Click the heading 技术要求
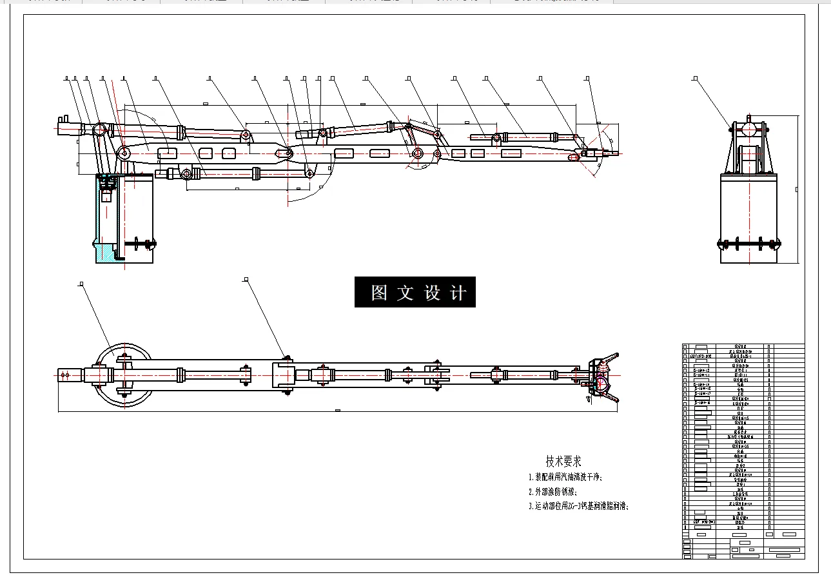[x=563, y=461]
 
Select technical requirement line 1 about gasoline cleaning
[x=565, y=478]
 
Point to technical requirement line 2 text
[x=552, y=492]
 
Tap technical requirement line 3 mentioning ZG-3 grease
[x=578, y=506]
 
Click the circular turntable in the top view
[x=123, y=375]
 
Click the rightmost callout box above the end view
[x=694, y=79]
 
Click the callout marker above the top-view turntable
[x=81, y=283]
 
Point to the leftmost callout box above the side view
[x=67, y=79]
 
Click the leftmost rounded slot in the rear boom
[x=168, y=153]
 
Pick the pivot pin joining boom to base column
[x=123, y=153]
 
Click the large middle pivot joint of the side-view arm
[x=418, y=153]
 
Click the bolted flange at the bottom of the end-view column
[x=749, y=244]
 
